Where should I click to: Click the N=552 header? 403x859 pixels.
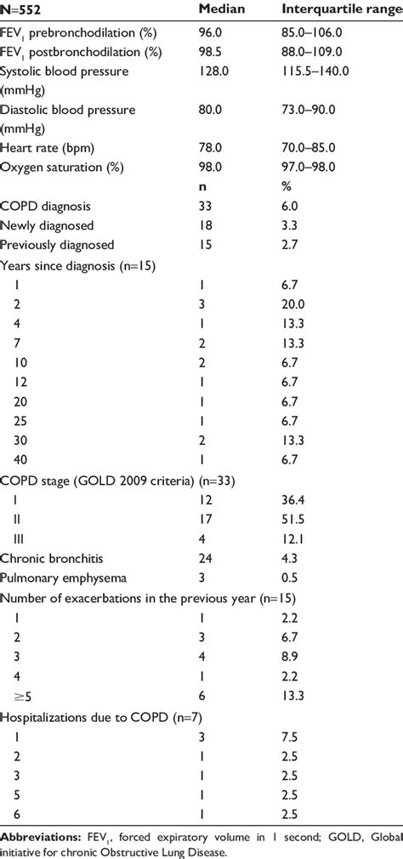tap(20, 9)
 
